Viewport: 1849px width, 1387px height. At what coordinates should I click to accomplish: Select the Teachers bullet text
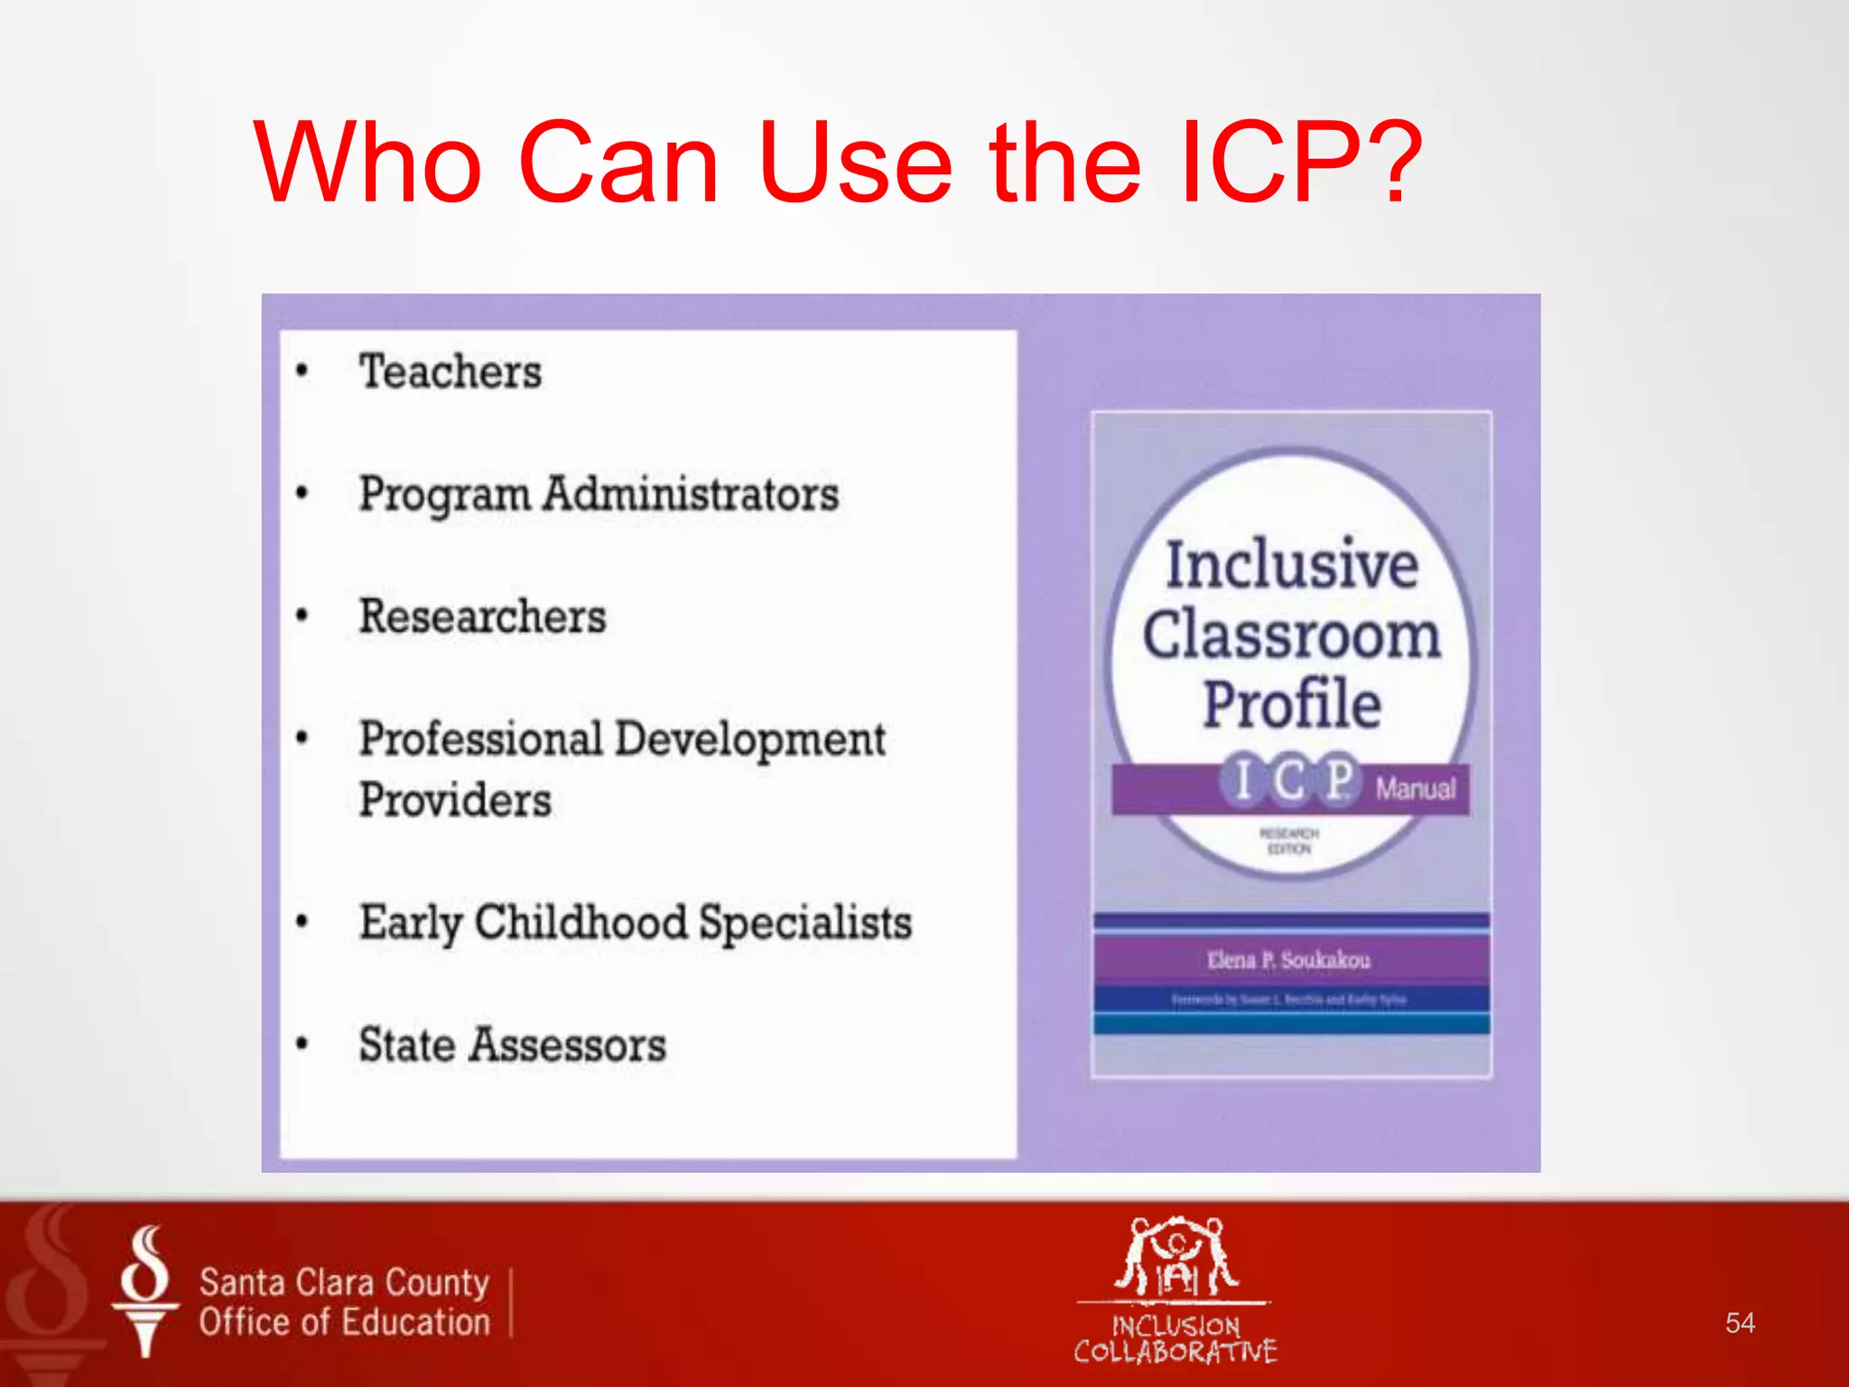[451, 372]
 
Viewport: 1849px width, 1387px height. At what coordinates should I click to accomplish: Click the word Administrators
[691, 494]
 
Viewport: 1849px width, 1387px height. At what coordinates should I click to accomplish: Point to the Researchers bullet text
[482, 617]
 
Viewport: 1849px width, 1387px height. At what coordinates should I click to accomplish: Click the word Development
[750, 739]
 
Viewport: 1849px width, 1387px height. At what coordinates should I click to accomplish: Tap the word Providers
[455, 800]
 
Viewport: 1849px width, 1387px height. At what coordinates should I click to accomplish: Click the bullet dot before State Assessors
[302, 1045]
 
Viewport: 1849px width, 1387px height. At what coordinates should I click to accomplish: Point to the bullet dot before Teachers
[302, 371]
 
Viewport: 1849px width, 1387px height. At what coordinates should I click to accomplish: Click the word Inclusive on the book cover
[1291, 564]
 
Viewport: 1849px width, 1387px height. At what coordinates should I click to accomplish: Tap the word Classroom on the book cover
[1291, 635]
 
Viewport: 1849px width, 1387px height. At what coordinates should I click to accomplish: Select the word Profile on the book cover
[1291, 704]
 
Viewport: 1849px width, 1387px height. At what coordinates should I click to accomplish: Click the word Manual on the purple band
[1415, 788]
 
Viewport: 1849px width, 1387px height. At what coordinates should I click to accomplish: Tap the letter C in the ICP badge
[1289, 779]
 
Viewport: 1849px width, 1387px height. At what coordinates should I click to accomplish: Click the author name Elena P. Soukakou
[1288, 960]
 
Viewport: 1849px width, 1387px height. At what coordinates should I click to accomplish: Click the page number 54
[1739, 1323]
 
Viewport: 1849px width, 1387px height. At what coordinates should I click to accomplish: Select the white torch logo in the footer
[145, 1291]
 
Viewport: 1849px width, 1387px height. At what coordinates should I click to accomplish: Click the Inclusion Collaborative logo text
[1175, 1338]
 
